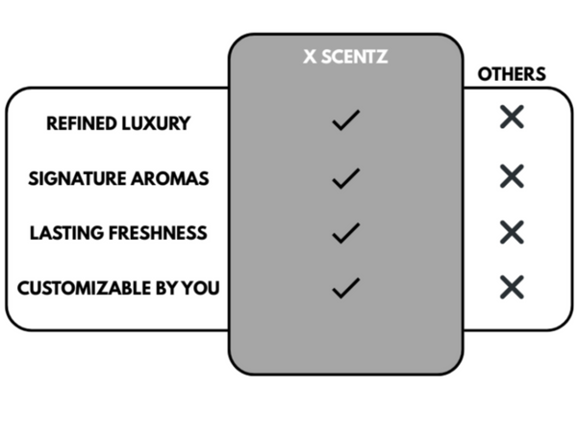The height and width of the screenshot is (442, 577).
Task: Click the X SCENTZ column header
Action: pos(345,58)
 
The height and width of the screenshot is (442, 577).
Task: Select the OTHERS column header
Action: pos(512,74)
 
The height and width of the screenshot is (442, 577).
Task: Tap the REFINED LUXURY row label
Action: pos(118,123)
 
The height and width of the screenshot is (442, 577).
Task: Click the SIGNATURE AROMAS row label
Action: pos(118,178)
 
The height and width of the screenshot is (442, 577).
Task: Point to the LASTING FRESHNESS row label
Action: pos(118,233)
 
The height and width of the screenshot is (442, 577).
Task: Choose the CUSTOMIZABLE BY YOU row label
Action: pos(118,287)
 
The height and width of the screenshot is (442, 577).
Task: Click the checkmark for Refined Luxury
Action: pos(345,121)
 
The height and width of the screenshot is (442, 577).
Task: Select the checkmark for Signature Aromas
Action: pos(345,177)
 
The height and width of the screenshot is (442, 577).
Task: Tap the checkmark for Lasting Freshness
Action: pos(345,232)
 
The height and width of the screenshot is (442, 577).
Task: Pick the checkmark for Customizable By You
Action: pos(345,286)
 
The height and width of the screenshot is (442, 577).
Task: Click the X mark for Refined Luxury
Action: pos(512,117)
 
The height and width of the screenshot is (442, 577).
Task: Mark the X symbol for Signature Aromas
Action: pos(512,175)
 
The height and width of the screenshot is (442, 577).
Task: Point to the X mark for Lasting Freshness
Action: pos(512,231)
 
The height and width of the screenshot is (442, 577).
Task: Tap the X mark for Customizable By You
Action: pos(512,286)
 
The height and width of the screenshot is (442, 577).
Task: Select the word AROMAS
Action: pos(174,178)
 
